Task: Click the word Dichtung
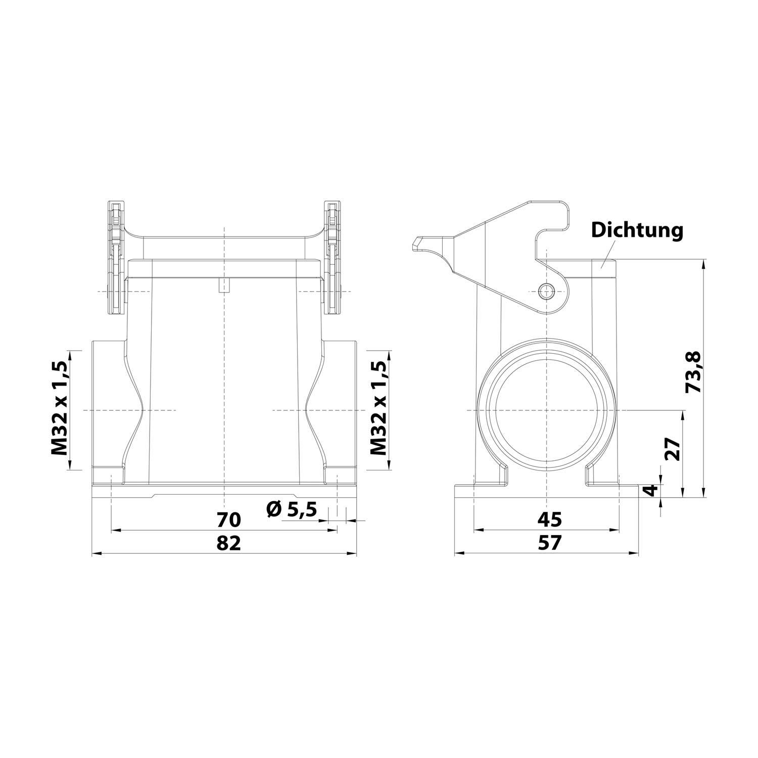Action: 637,230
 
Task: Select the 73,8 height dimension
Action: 693,372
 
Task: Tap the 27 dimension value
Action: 672,448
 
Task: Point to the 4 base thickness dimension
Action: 652,490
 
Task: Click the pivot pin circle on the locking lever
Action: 546,291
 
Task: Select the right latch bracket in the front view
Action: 333,258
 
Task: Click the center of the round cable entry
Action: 546,410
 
